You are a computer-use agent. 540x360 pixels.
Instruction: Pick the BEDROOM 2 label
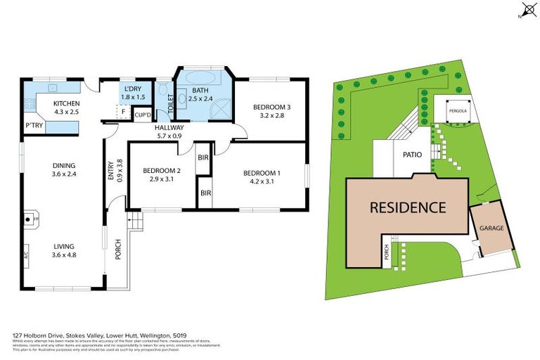click(162, 170)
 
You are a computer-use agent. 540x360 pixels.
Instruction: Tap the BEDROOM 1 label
click(262, 173)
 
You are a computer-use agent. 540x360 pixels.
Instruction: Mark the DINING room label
click(64, 166)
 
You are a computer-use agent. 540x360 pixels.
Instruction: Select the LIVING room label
click(64, 245)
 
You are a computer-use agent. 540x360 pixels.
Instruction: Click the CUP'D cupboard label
click(143, 114)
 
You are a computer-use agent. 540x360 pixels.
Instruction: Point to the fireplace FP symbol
click(32, 220)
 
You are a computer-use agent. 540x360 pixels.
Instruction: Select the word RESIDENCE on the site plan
click(409, 207)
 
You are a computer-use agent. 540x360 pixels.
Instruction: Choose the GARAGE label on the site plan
click(491, 229)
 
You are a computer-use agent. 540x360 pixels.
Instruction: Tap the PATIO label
click(411, 156)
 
